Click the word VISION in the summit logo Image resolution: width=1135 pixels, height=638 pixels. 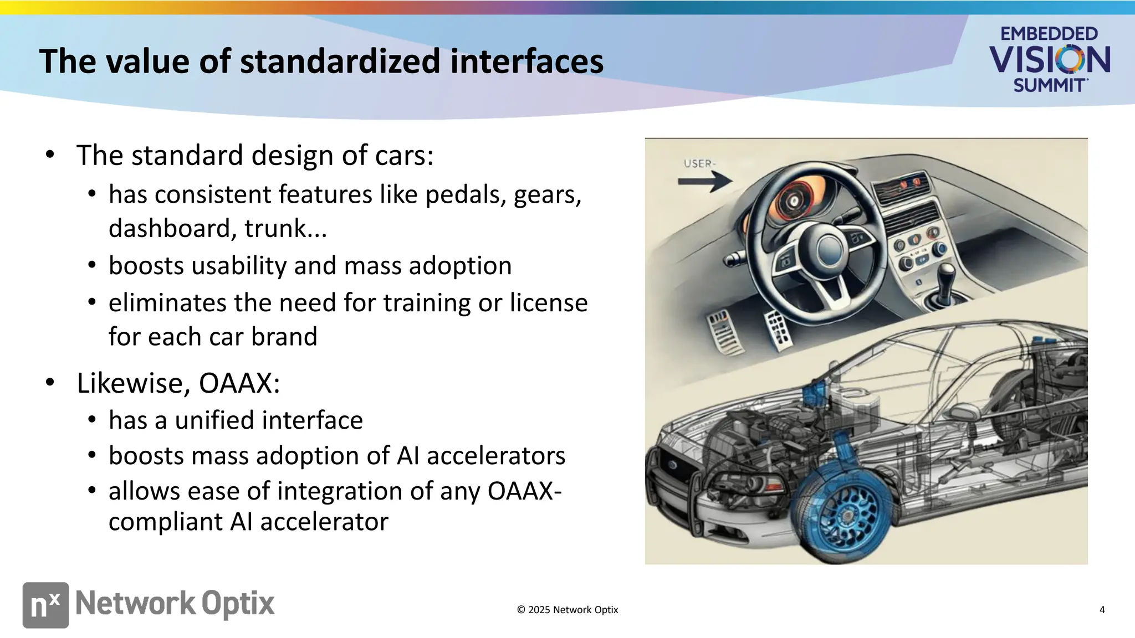pyautogui.click(x=1049, y=60)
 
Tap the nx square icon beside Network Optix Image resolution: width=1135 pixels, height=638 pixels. pyautogui.click(x=45, y=605)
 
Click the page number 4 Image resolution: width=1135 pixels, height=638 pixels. pyautogui.click(x=1102, y=610)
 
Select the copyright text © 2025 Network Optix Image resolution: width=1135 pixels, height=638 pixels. pyautogui.click(x=567, y=610)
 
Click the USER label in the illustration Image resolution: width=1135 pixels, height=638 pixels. pyautogui.click(x=699, y=164)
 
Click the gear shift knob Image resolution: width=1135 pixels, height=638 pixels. pyautogui.click(x=945, y=272)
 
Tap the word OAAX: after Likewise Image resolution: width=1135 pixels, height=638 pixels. pyautogui.click(x=239, y=383)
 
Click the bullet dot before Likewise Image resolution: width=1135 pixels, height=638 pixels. pyautogui.click(x=50, y=382)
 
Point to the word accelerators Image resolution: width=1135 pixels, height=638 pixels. pyautogui.click(x=495, y=456)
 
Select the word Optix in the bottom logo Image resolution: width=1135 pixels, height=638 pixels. pyautogui.click(x=238, y=604)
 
